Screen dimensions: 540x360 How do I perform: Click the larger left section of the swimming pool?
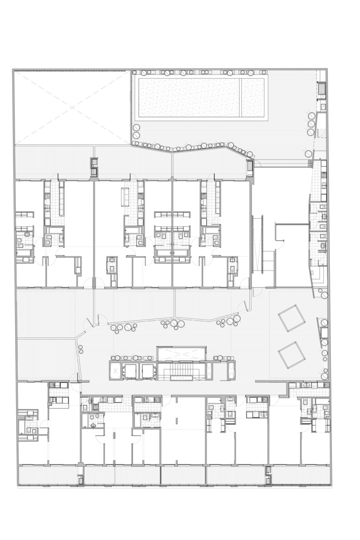tap(189, 98)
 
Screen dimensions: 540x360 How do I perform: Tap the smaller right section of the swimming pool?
tap(253, 98)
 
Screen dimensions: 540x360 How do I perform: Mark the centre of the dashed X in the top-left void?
tap(72, 108)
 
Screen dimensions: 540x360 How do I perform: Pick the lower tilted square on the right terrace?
tap(292, 355)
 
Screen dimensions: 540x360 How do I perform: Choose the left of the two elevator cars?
tap(130, 370)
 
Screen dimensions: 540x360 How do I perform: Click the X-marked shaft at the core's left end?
tap(116, 370)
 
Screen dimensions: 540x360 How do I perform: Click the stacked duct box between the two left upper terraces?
tap(94, 167)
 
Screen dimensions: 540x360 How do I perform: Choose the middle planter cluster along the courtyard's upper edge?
tap(174, 324)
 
